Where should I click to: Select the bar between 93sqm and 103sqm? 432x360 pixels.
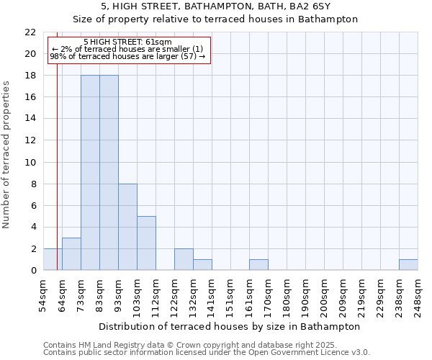coord(127,227)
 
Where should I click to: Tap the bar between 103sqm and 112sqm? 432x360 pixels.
coord(146,243)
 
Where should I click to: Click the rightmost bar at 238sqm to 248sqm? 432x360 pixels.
coord(408,265)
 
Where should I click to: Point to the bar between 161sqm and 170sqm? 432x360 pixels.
coord(258,265)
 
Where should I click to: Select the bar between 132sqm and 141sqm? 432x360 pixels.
coord(202,265)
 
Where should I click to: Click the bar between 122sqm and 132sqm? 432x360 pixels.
coord(184,259)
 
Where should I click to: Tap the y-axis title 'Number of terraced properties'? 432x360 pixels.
coord(6,155)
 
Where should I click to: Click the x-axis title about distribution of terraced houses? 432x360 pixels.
coord(229,326)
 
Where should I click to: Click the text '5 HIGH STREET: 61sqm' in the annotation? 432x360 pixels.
coord(127,42)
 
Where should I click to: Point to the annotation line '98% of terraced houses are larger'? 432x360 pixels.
coord(127,56)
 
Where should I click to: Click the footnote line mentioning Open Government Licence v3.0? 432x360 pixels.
coord(206,353)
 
